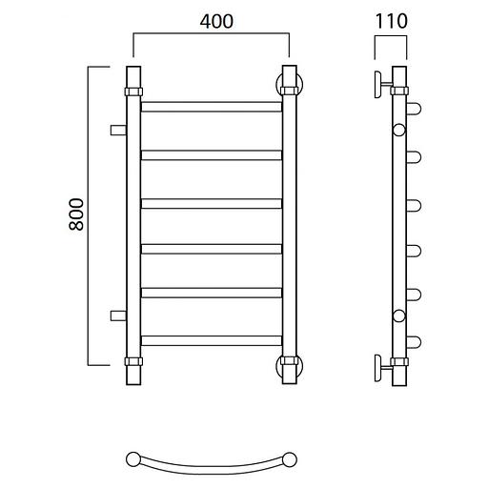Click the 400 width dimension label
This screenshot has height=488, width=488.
point(216,22)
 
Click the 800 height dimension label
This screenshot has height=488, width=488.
point(76,214)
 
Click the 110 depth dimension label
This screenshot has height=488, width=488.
point(391,21)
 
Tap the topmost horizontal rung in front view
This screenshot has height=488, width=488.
point(212,107)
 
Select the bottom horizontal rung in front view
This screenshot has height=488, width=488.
point(212,340)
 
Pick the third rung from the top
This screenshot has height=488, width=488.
point(212,203)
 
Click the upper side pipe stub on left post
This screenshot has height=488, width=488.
point(118,131)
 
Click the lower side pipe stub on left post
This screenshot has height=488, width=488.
point(118,315)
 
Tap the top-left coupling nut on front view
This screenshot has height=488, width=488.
point(133,91)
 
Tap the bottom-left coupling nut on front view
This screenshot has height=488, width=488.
point(133,361)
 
